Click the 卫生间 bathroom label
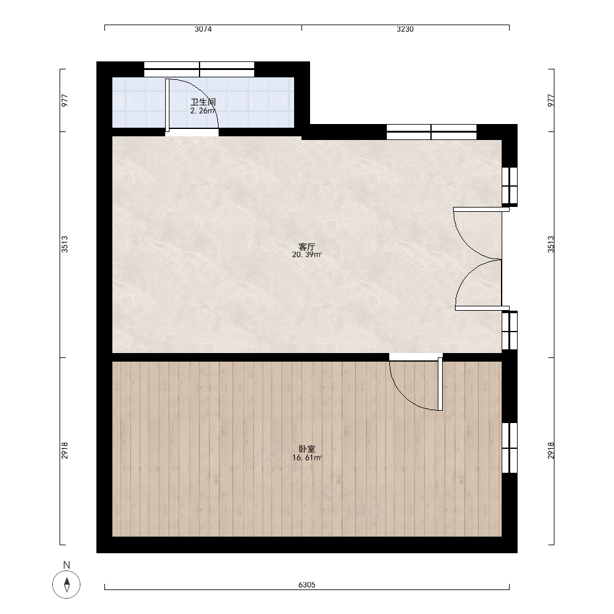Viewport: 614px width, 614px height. point(203,102)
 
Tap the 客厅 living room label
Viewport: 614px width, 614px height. point(306,247)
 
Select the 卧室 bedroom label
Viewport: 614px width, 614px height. point(306,449)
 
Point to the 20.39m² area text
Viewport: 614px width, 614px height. point(307,255)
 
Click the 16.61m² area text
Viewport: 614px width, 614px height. point(307,458)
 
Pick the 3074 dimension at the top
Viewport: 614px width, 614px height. point(203,29)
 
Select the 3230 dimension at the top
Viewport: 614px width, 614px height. point(405,29)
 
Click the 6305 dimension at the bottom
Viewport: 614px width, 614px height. point(306,585)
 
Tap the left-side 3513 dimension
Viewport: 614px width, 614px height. point(64,244)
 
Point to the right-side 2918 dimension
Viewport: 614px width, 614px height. point(551,450)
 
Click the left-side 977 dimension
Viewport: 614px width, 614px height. point(64,100)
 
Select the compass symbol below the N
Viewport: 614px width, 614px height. point(66,585)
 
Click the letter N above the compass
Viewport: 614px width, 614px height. point(66,565)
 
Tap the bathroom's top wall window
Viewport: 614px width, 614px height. point(200,69)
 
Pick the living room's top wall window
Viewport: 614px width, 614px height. point(432,132)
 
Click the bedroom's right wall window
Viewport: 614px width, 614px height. point(510,448)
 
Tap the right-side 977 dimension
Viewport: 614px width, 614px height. point(551,100)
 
